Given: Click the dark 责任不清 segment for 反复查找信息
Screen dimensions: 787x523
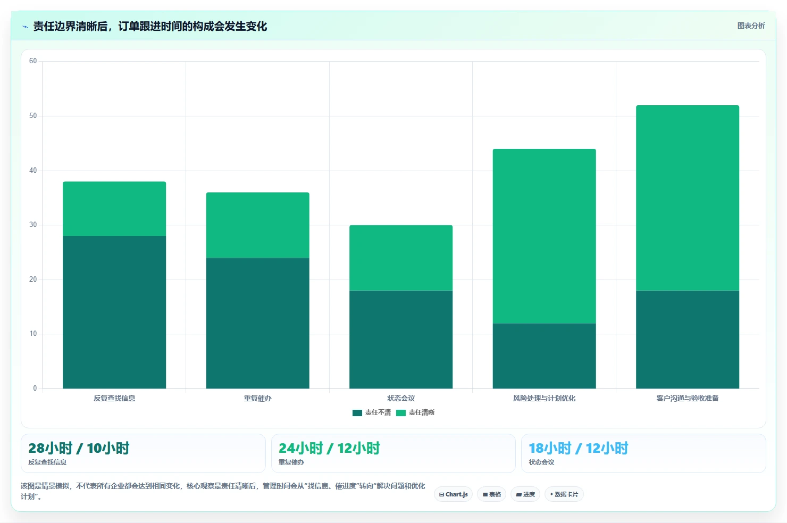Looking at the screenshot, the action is (114, 312).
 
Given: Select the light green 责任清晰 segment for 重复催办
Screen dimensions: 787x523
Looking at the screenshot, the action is (257, 225).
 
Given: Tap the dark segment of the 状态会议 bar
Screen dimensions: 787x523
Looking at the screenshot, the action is (401, 339).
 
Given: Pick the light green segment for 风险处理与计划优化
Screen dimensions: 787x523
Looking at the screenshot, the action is (544, 236).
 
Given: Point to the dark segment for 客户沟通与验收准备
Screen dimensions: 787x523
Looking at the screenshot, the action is (688, 339).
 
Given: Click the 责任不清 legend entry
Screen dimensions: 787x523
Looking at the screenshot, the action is (372, 412).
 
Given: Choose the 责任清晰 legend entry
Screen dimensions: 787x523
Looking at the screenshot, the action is (415, 412).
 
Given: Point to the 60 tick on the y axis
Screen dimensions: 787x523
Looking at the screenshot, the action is (33, 61).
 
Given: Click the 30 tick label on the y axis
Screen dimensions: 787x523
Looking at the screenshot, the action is (33, 224).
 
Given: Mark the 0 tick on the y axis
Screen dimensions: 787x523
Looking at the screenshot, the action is (35, 388).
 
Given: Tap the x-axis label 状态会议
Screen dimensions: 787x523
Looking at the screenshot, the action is (401, 398).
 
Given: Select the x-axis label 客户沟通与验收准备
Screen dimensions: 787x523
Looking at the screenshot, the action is (688, 398).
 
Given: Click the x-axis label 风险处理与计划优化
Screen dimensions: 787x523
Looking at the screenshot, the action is (544, 398).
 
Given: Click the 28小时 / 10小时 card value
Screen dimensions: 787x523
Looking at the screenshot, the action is (79, 448).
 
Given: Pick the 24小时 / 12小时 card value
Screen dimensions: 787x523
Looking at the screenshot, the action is (329, 448).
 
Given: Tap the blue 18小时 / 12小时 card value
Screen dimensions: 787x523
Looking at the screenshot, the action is (579, 448).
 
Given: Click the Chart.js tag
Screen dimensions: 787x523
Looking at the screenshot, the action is (453, 494).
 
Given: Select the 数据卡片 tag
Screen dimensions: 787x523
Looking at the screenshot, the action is (564, 494).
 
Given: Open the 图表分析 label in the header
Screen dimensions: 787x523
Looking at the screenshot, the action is (751, 26).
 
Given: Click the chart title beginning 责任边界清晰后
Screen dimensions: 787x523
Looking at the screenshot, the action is (150, 27).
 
